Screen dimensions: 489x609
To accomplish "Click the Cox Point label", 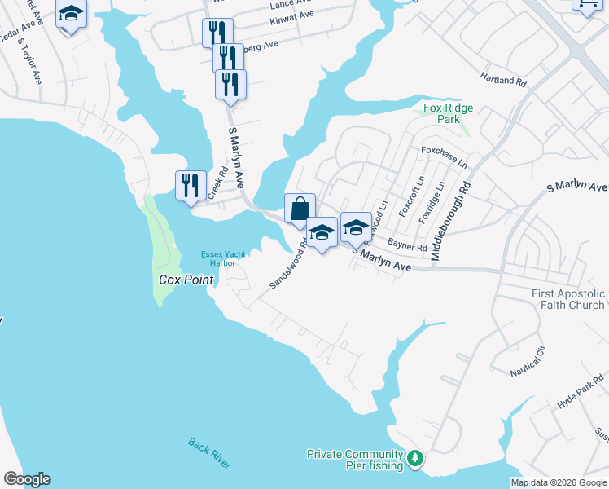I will click(186, 280).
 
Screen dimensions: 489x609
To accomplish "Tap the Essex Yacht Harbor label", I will click(218, 258).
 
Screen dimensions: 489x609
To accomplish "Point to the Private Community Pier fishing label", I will click(355, 460).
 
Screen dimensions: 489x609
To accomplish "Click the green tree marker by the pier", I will click(415, 460).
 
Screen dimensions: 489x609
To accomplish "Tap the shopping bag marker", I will click(300, 209).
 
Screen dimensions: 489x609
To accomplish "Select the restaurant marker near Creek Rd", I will click(191, 186).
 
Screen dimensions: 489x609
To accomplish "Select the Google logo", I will click(27, 479).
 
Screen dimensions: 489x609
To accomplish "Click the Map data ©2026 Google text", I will click(558, 482).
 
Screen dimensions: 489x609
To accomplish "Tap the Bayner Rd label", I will click(407, 245).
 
